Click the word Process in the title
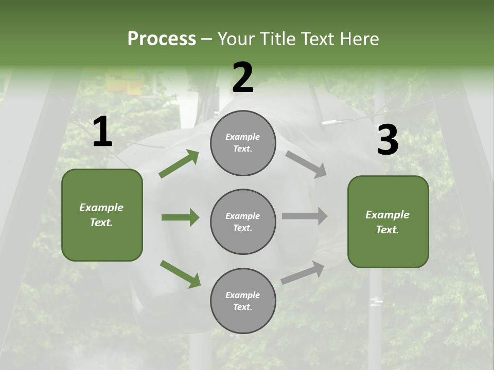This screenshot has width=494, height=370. [x=162, y=39]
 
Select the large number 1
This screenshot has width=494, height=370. [x=103, y=131]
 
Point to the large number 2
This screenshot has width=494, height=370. [x=243, y=77]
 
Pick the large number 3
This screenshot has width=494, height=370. [x=388, y=139]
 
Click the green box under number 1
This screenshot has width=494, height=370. [x=102, y=215]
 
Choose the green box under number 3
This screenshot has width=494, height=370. [x=388, y=222]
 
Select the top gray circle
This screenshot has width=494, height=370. [x=243, y=143]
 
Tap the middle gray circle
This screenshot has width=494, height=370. [x=243, y=222]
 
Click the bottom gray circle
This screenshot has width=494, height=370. [x=243, y=301]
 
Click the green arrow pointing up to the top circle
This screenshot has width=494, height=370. [x=179, y=163]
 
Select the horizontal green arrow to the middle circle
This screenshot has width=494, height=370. [x=181, y=217]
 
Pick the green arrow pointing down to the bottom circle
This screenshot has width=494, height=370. [x=180, y=274]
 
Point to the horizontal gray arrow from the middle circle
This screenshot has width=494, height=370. [x=305, y=216]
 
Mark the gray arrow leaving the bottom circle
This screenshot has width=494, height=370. [x=303, y=273]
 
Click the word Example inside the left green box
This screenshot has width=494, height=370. [x=101, y=208]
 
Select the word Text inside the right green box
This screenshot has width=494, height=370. [x=387, y=230]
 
